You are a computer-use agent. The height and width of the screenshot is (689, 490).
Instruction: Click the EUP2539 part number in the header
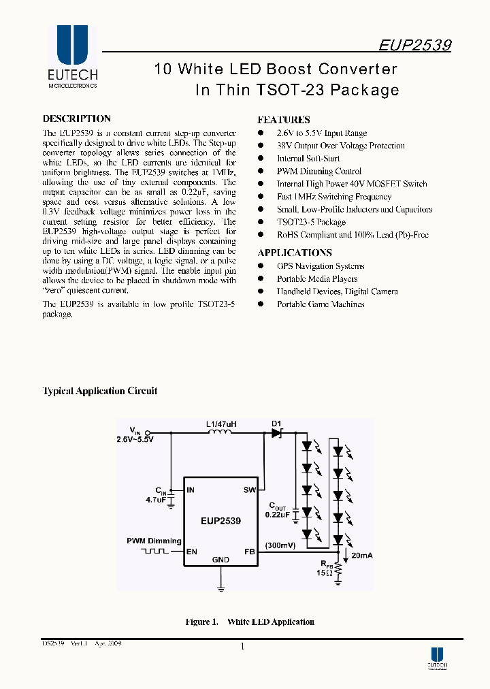point(415,45)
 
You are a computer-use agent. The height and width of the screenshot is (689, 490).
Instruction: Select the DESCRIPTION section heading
point(76,118)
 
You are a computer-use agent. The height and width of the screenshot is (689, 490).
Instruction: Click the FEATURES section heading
point(284,119)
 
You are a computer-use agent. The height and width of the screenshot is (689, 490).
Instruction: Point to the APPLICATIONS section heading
point(295,253)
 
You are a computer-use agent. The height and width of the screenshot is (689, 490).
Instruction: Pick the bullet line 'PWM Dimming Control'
point(318,172)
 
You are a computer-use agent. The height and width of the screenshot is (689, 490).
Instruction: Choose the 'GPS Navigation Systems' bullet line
point(320,266)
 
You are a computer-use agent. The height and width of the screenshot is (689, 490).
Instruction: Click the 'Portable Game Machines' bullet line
point(320,304)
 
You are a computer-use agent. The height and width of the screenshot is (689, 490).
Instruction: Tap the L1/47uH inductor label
point(221,423)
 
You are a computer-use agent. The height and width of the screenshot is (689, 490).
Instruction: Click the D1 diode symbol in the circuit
point(277,432)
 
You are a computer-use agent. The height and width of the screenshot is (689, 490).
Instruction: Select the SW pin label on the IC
point(249,490)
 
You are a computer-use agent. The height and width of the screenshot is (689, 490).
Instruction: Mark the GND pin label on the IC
point(220,560)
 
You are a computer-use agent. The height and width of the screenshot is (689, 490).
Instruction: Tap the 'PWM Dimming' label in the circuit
point(154,541)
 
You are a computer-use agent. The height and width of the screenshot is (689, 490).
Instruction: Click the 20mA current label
point(361,556)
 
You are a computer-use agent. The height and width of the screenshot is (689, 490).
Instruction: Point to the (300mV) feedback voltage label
point(280,545)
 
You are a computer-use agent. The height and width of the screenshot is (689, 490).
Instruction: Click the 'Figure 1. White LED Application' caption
point(250,622)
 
